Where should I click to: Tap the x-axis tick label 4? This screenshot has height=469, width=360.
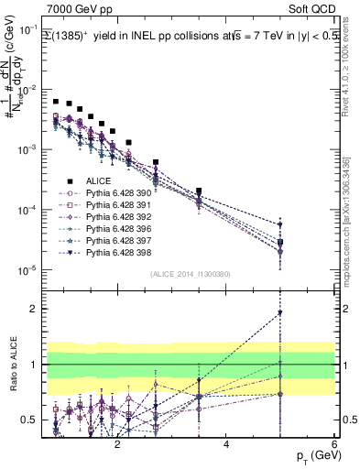point(226,446)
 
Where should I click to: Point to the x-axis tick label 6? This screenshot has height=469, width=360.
point(334,446)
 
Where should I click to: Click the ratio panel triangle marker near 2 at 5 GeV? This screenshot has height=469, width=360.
point(280,313)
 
